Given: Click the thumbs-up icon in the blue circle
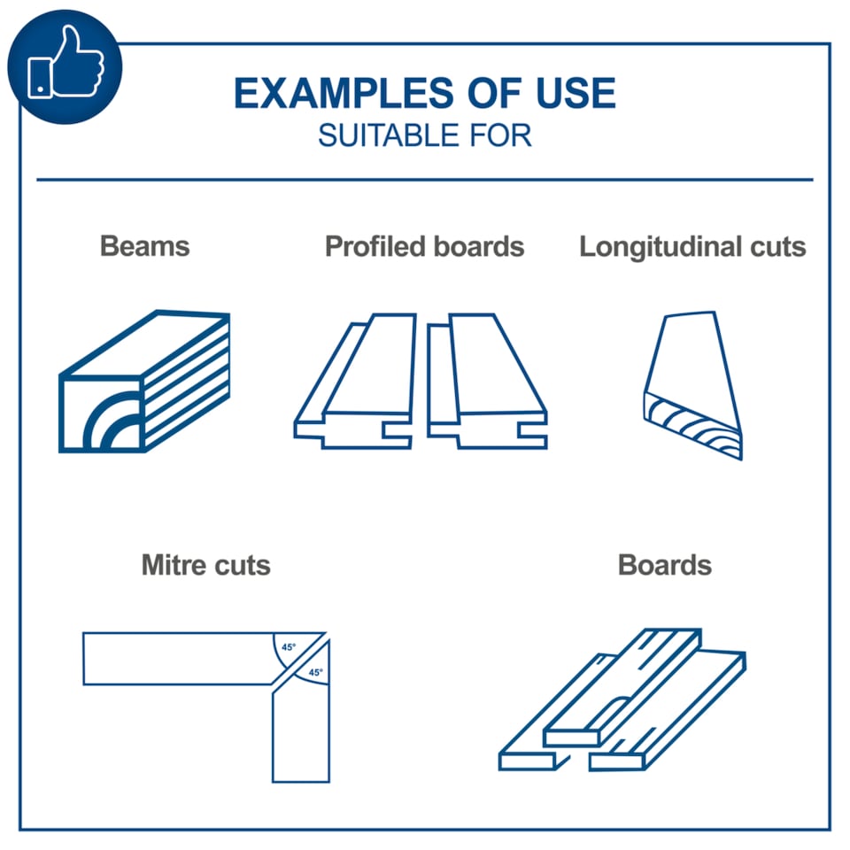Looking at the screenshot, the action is click(66, 62).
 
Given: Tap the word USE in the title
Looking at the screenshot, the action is click(576, 93).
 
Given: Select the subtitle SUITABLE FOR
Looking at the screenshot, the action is click(424, 135).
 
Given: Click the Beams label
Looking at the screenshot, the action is click(144, 246).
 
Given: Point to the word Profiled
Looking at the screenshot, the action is click(375, 247).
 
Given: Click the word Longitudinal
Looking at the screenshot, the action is click(661, 247).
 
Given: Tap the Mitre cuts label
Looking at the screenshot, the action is click(206, 565).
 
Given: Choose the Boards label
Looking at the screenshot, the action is click(665, 565).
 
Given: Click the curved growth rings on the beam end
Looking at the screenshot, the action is click(112, 421).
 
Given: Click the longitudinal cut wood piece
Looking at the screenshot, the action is click(692, 385).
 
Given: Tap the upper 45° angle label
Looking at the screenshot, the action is click(289, 647).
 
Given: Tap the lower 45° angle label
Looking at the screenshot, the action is click(315, 672).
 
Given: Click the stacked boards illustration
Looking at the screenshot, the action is click(622, 699).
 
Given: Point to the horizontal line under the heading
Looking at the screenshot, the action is click(424, 180).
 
